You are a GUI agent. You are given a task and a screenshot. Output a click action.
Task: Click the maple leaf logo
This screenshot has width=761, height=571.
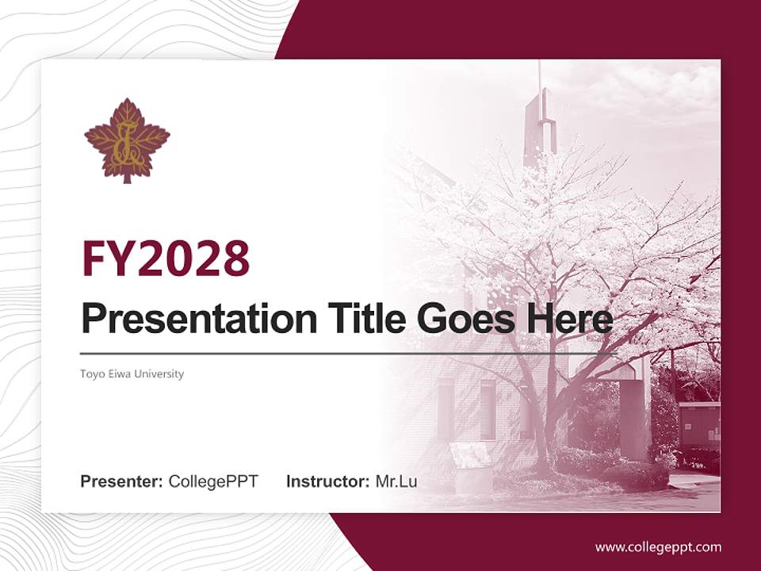coord(127,140)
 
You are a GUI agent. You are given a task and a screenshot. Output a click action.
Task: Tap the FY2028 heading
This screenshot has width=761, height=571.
coord(166,258)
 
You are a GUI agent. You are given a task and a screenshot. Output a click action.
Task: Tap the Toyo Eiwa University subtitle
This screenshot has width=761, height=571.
coord(132,374)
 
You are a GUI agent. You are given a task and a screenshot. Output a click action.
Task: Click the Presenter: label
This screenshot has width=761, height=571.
coord(122,481)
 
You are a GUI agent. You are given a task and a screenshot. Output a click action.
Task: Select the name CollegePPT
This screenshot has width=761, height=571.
coord(213,481)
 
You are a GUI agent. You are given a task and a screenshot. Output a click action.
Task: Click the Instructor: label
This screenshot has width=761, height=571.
coord(327,481)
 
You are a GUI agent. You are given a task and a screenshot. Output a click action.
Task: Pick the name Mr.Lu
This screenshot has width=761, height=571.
coord(396,481)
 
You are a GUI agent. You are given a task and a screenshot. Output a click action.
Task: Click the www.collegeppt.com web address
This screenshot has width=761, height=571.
coord(658,547)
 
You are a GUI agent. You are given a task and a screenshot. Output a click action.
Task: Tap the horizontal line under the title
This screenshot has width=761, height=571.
coord(341,353)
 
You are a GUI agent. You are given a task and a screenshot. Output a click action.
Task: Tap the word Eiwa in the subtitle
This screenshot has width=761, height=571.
coord(119,374)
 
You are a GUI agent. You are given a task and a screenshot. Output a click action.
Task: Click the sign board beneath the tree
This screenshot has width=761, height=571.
coord(471,456)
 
